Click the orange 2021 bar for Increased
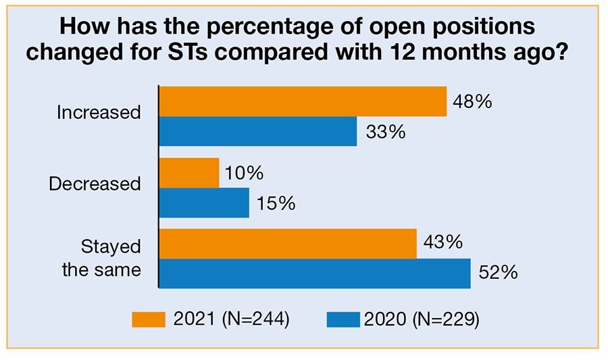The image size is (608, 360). [x=303, y=101]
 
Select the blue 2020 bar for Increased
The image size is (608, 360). [x=257, y=131]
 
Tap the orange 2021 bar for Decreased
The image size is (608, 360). [x=189, y=173]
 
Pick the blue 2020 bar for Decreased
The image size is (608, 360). [x=204, y=203]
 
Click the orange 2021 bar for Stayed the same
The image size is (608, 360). [x=288, y=244]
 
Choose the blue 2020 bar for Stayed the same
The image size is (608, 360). [x=315, y=274]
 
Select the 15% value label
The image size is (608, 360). [x=274, y=203]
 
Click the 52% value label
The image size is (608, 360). [x=498, y=273]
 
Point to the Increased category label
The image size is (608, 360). [x=99, y=112]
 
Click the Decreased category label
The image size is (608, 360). [x=95, y=183]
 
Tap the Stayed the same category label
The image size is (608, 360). [x=102, y=258]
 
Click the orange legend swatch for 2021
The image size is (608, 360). [x=149, y=319]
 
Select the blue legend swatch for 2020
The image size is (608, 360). [x=343, y=319]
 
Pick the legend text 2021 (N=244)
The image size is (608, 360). [x=231, y=319]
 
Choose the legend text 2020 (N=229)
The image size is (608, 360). [x=422, y=319]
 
